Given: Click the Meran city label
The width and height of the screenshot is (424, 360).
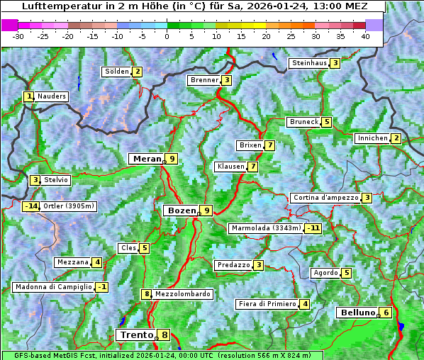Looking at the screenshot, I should point(146,159).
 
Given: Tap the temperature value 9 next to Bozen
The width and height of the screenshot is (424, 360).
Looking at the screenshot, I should point(206,210).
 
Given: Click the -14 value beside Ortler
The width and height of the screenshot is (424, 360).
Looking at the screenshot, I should point(30,206).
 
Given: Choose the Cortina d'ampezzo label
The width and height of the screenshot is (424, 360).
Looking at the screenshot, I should point(325,198).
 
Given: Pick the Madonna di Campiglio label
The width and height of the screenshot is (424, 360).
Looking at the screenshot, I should point(53,287).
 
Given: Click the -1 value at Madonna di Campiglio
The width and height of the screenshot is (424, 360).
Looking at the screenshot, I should point(102,287).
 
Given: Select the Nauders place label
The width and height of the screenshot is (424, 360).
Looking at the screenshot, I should point(52,96).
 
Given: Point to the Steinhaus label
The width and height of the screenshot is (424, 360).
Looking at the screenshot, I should point(309,63).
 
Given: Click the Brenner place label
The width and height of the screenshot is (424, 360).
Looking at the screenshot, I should point(204,80).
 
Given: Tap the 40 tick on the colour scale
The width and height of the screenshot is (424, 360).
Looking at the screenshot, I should point(365,36).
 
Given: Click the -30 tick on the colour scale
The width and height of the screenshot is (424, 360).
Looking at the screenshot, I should point(18,36).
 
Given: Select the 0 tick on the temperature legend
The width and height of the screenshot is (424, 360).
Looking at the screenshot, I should point(167,36).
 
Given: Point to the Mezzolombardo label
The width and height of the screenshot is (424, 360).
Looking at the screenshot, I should point(182,294).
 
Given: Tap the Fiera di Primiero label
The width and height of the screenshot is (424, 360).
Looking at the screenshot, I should point(267,304).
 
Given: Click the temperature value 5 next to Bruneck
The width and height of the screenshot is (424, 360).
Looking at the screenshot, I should point(326,122).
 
